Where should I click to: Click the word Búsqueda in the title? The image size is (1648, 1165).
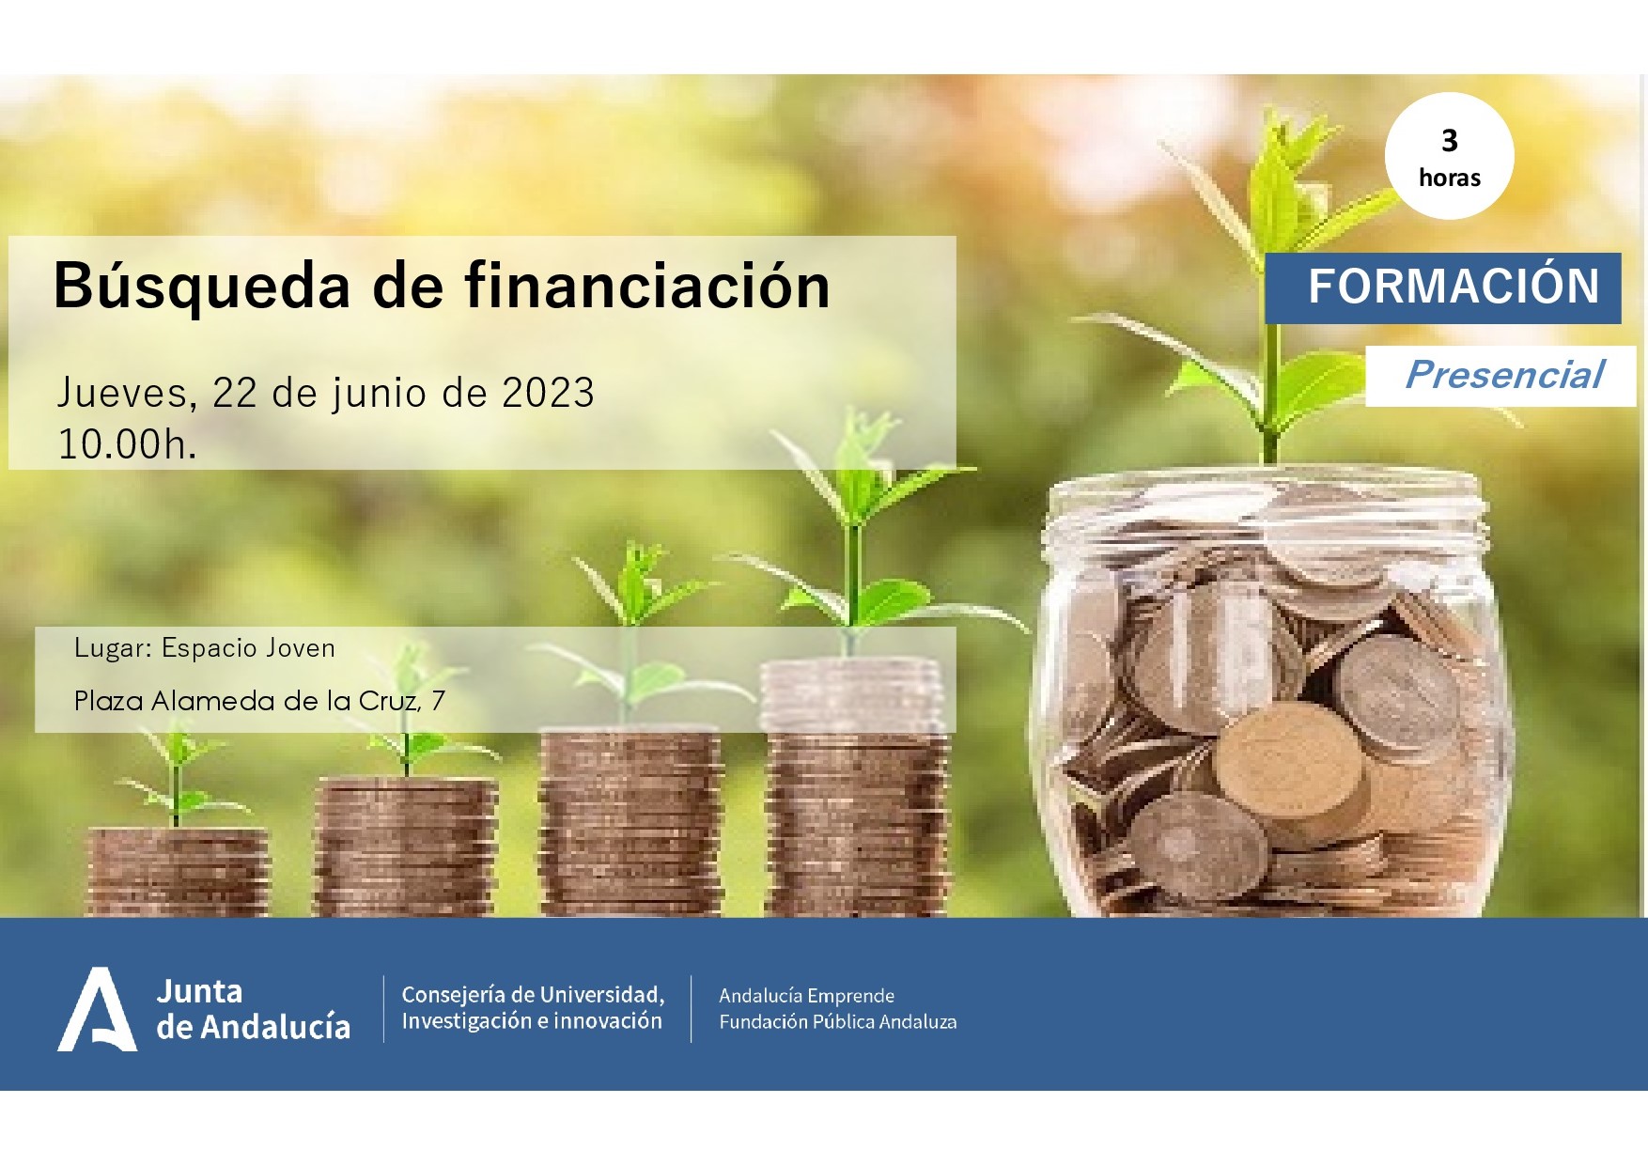point(202,286)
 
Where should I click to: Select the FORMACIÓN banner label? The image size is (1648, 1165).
point(1454,286)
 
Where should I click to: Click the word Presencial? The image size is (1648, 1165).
point(1504,374)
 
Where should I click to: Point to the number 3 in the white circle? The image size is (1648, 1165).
point(1450,141)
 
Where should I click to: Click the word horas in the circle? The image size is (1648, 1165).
point(1450,178)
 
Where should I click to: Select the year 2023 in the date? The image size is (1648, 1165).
point(548,393)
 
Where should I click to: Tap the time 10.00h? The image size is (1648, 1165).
point(128,443)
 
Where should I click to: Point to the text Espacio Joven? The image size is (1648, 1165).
point(248,648)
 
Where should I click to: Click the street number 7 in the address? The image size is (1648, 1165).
point(438,701)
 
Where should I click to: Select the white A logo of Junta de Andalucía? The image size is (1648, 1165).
point(98,1009)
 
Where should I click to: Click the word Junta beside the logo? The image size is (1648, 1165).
point(199,991)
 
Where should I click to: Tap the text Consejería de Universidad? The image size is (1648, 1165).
point(533,994)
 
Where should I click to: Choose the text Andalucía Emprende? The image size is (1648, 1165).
point(806,995)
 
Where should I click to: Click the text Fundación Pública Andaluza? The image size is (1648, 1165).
point(837,1021)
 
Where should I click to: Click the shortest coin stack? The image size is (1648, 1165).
point(178,871)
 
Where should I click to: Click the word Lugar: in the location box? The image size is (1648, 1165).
point(113,648)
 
